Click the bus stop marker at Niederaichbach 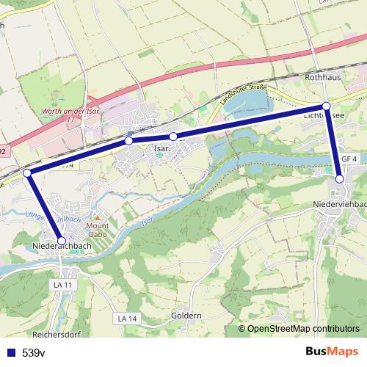(62, 241)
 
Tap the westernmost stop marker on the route (27, 172)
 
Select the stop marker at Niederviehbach (339, 179)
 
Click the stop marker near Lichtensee (327, 106)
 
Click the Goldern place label (186, 316)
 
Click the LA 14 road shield (127, 318)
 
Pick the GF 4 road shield (349, 159)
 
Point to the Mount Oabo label (98, 230)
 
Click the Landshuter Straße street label (241, 92)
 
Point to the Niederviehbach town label (339, 203)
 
